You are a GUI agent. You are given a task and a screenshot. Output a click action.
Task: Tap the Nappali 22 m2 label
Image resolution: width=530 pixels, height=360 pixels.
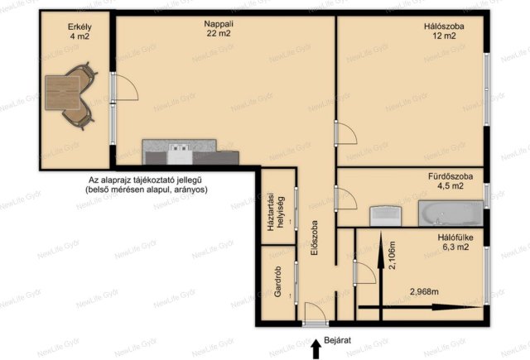[219, 28]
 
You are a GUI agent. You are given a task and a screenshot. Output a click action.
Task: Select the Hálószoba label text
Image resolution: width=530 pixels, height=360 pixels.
[444, 26]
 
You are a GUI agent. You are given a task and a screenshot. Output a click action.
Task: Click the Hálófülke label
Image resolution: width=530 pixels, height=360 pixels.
[455, 238]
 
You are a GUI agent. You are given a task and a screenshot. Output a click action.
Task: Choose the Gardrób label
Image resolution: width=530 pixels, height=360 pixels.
[278, 281]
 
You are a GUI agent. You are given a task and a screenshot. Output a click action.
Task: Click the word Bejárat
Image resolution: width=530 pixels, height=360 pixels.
[337, 340]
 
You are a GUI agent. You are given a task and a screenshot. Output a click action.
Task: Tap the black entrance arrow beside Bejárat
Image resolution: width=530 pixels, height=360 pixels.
[316, 349]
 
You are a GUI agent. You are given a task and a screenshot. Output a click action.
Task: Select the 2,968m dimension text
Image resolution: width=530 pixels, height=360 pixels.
[424, 291]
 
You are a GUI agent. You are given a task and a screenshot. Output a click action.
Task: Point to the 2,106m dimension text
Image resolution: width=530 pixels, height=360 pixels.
[392, 255]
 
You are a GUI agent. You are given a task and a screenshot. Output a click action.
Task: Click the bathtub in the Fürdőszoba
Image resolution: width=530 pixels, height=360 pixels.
[450, 213]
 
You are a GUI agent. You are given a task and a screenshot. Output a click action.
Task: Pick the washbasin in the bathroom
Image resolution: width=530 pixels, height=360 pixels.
[386, 216]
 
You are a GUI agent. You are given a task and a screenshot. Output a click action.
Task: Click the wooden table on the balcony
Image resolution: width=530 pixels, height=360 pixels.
[63, 93]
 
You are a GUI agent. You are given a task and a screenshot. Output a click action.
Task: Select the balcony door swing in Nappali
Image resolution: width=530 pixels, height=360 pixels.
[125, 87]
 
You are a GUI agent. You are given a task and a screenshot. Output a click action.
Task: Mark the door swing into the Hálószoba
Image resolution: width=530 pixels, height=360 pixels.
[345, 133]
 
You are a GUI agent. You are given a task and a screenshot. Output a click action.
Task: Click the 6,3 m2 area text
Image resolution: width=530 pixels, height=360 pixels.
[455, 247]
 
